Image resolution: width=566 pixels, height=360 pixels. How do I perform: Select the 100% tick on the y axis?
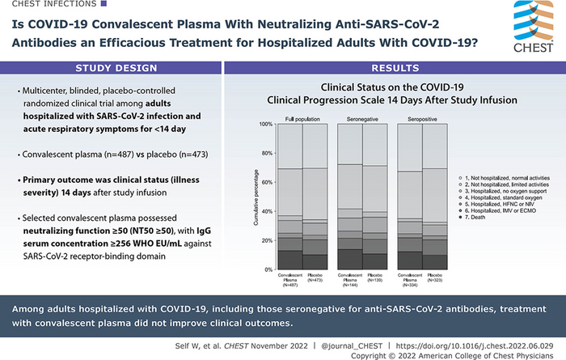[x=241, y=125]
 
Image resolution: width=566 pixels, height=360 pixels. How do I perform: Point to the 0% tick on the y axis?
[x=244, y=269]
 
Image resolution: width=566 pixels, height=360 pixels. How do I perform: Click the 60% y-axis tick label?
[x=243, y=182]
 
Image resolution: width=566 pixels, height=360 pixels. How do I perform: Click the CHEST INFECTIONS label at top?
[x=41, y=6]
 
